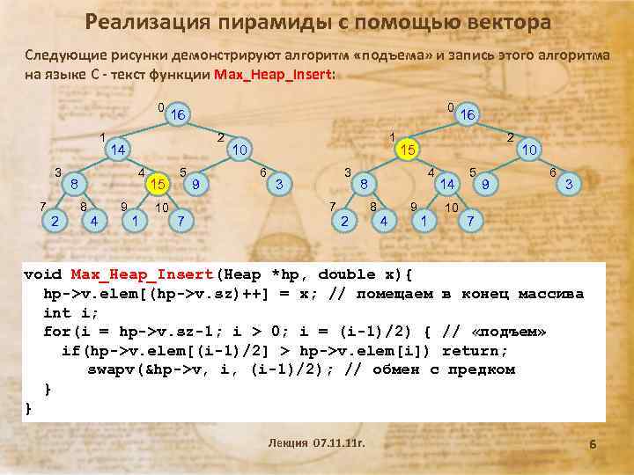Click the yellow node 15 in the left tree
[158, 184]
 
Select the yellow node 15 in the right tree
[407, 150]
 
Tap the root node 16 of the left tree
[178, 115]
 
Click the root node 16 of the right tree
[467, 114]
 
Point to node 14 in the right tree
[447, 184]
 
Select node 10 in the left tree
[238, 150]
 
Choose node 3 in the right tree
[569, 184]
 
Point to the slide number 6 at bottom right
[593, 446]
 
